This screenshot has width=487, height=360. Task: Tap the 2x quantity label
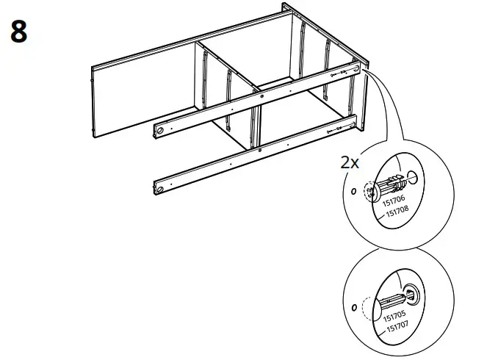click(350, 162)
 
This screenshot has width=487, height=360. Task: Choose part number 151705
click(394, 317)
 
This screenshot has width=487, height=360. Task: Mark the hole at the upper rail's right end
click(357, 70)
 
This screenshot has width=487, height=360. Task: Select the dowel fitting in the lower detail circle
click(393, 300)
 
